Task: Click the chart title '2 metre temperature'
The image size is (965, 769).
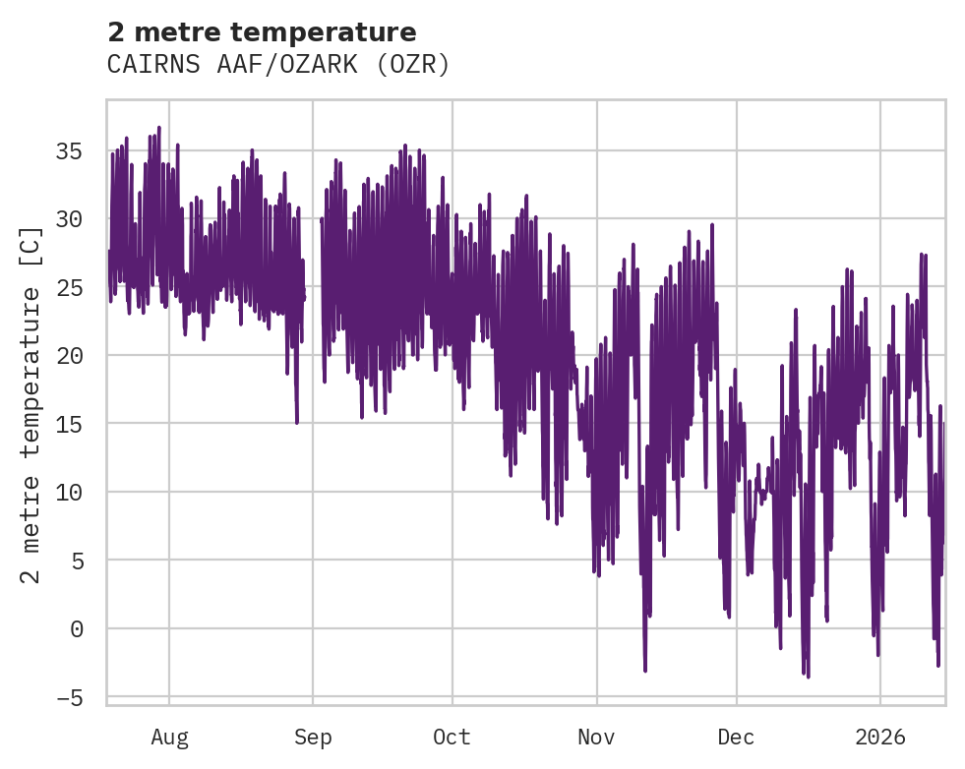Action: pos(262,31)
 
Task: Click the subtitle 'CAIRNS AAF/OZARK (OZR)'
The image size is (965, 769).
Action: pos(278,65)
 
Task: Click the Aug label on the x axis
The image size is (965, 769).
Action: pos(169,737)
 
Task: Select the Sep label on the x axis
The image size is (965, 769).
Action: pos(313,737)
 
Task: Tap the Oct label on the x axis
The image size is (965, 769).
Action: pos(452,737)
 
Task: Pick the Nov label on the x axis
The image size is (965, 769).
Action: pos(596,737)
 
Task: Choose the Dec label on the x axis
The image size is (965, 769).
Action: pos(737,737)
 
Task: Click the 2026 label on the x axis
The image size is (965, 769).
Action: pos(880,737)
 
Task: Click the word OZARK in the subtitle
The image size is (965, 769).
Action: pos(324,65)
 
